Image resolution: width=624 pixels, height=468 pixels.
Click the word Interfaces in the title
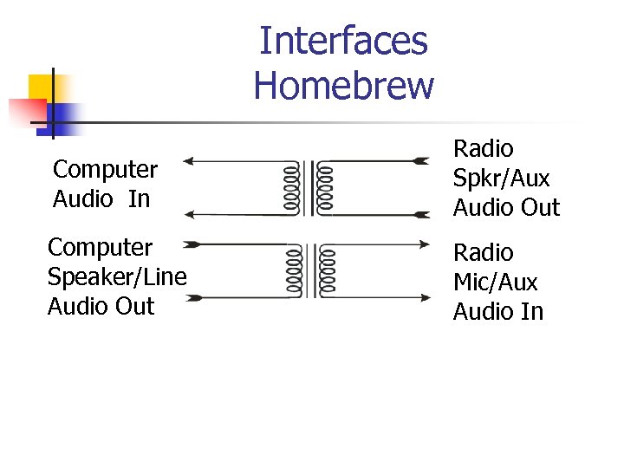pos(343,40)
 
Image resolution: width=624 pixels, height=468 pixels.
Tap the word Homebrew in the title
pos(343,85)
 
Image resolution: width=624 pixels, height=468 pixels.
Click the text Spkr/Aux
pos(501,179)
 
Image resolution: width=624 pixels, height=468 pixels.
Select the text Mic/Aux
pos(495,283)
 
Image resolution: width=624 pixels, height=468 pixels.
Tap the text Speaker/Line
pos(117,277)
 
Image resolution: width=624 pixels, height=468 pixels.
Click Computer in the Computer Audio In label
pos(105,169)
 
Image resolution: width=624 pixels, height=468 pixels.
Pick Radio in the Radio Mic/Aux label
pos(483,253)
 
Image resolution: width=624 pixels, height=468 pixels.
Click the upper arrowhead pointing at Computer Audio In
pos(192,160)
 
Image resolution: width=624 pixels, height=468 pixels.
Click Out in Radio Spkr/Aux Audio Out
pos(541,208)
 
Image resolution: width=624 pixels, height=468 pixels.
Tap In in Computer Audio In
pos(139,198)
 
